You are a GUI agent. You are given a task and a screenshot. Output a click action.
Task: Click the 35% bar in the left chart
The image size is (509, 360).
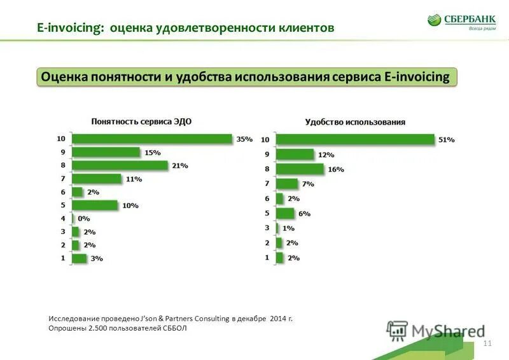[151, 139]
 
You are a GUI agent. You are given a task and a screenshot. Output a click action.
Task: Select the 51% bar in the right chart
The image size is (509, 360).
[355, 139]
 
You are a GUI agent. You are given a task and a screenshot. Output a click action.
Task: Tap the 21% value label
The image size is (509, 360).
[180, 165]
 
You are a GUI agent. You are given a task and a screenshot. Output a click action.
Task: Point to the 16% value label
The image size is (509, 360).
[336, 169]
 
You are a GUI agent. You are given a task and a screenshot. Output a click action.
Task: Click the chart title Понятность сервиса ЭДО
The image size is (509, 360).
[141, 121]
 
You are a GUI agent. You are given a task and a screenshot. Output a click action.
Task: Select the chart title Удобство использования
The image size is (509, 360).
[355, 121]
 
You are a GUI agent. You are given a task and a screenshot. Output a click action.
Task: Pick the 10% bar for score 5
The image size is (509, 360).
[95, 205]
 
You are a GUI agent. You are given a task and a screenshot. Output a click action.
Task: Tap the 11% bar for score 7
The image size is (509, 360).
[96, 179]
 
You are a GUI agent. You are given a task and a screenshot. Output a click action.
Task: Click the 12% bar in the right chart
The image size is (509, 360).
[295, 155]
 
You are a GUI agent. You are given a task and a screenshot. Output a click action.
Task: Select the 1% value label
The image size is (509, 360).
[288, 228]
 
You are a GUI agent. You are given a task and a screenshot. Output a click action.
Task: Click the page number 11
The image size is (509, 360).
[488, 343]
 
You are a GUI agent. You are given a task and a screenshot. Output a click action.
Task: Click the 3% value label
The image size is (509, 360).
[96, 259]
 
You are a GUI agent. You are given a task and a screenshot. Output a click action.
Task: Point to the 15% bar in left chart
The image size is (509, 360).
[106, 152]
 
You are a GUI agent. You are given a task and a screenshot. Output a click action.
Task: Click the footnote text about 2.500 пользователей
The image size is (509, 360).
[119, 328]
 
